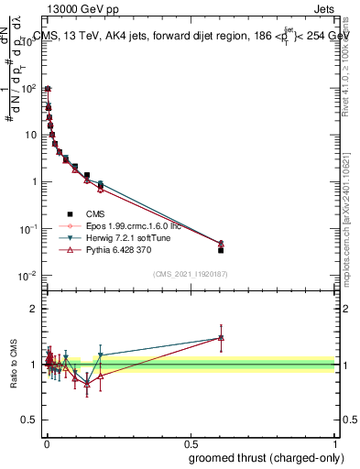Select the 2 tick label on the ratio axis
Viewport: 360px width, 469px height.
[34, 309]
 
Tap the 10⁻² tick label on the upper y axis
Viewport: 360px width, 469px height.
[27, 276]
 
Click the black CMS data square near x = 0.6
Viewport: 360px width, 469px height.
[220, 250]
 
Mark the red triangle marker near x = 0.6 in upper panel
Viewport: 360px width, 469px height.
[220, 243]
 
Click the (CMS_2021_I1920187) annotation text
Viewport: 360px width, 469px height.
[191, 273]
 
